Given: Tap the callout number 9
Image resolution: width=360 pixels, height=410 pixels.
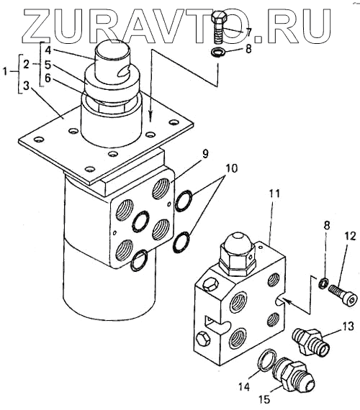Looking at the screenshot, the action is coord(205,154).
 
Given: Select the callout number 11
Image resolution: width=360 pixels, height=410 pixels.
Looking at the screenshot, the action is coord(274,194).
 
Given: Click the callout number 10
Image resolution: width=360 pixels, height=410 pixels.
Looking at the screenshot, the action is coord(230,168).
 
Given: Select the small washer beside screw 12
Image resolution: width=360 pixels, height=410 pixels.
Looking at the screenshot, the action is coord(323,283).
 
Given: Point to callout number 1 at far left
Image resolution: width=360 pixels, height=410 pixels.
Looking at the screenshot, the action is coord(5,71).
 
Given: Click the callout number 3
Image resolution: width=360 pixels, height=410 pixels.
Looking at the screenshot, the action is coord(26,86).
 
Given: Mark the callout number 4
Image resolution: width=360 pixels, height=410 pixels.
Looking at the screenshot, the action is coord(48,50).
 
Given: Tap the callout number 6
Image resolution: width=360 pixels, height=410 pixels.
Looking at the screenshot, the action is coord(48,78).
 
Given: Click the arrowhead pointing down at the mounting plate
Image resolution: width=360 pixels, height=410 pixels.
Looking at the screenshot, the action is coord(150,117).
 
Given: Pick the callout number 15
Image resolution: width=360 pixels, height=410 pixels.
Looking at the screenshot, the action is coord(264,399).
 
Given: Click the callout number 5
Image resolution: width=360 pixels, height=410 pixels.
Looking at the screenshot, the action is coord(48,64).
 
